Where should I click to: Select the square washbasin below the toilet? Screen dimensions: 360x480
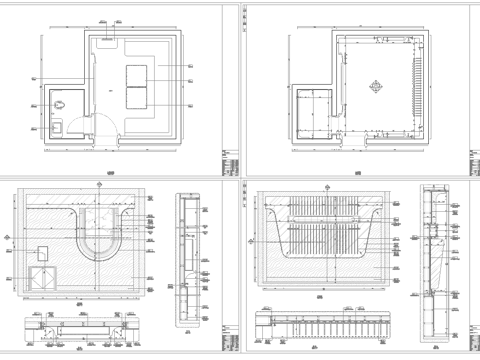tap(57, 126)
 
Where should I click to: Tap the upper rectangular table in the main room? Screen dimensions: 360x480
tap(135, 74)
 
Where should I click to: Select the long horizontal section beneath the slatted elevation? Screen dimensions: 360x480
tap(330, 325)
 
